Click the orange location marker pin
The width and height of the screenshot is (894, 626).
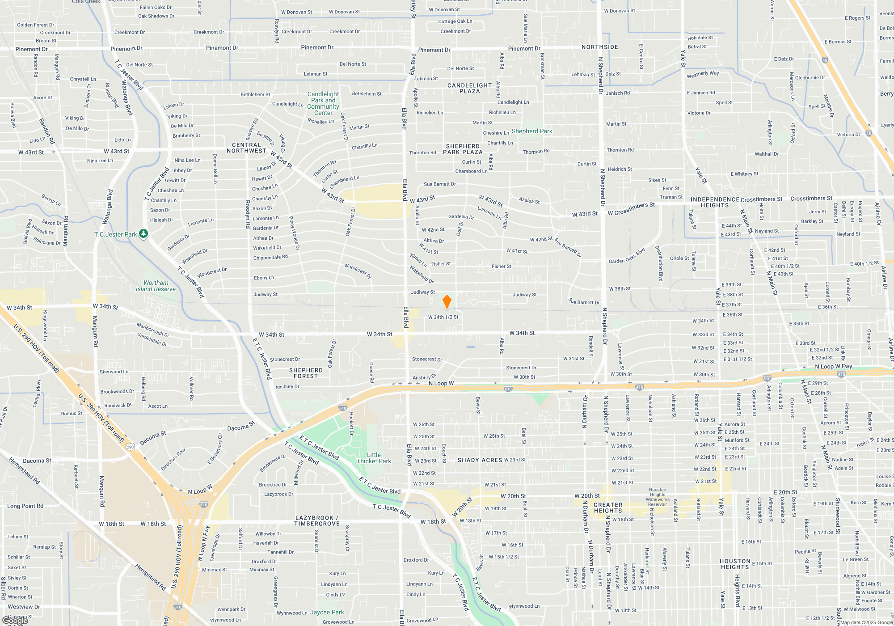[447, 301]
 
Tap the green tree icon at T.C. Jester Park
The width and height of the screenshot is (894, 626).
[143, 233]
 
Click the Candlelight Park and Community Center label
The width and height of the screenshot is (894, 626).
[323, 103]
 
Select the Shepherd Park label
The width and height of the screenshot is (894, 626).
[532, 131]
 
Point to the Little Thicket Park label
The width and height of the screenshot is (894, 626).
[374, 458]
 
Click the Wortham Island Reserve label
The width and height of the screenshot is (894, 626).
[156, 286]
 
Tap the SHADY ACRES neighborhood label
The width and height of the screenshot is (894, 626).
[480, 460]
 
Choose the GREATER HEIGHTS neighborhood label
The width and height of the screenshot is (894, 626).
[608, 508]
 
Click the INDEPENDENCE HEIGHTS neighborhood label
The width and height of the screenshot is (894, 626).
[715, 202]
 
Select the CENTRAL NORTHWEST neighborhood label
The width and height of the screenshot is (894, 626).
[246, 148]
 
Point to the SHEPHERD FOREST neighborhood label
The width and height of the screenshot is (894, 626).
[306, 373]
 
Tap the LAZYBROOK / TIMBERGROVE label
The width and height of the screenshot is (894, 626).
[317, 520]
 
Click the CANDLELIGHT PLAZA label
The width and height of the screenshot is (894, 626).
[469, 88]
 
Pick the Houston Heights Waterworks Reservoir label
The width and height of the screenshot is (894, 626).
[658, 497]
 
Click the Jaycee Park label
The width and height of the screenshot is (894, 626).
[327, 612]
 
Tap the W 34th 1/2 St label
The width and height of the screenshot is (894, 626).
[443, 317]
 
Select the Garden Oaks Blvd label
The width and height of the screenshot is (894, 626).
[627, 256]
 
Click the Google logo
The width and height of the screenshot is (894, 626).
[15, 621]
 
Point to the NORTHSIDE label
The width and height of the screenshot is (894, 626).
[599, 47]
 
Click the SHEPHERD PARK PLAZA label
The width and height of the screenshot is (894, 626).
[463, 149]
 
